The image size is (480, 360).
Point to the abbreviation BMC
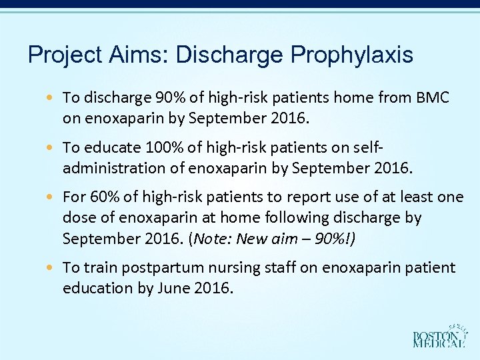click(433, 97)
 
